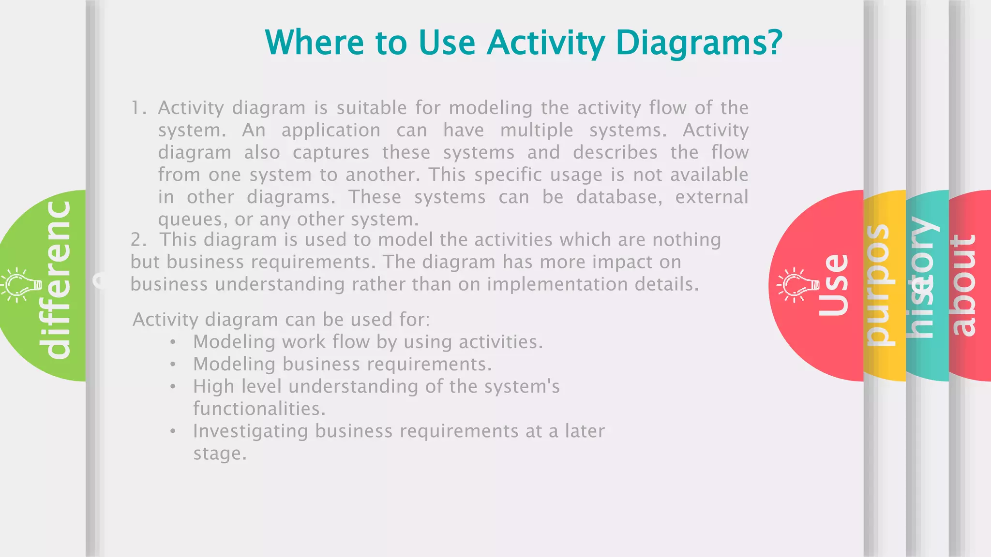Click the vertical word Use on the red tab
[x=834, y=285]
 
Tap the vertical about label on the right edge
[x=963, y=285]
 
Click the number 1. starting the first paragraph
[x=138, y=108]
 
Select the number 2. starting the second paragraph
[x=138, y=240]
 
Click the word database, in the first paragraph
[x=619, y=197]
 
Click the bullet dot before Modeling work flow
[x=173, y=342]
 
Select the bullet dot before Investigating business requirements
[x=173, y=431]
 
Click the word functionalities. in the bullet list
[x=259, y=409]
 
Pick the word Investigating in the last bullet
[x=250, y=431]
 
